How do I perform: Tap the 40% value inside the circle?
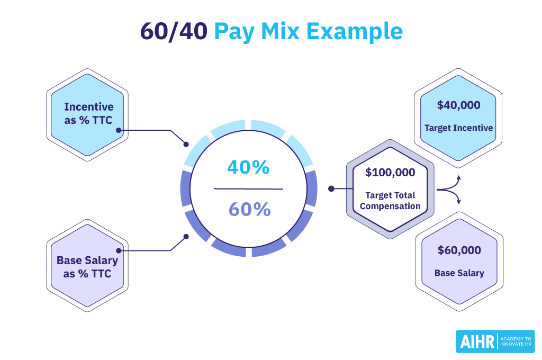point(248,167)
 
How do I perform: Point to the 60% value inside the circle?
point(249,210)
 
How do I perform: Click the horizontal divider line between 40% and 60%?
point(248,188)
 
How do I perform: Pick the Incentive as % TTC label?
point(88,113)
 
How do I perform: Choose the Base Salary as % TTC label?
point(87,267)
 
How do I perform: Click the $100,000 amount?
point(390,172)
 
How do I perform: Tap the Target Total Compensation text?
point(390,201)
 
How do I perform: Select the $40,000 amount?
point(458,105)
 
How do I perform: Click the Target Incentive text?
point(458,128)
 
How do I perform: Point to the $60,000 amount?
point(459,250)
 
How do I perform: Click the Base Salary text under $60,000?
point(459,273)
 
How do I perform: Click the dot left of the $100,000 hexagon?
point(331,188)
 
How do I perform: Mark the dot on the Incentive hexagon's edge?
point(119,130)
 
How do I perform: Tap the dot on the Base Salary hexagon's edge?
point(119,250)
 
